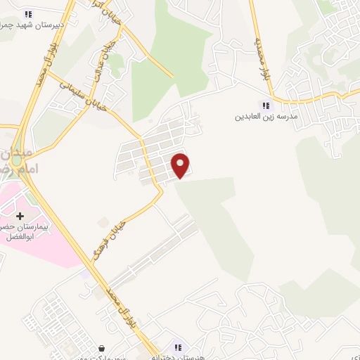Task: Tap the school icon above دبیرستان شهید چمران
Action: [x=27, y=13]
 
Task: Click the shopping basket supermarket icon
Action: [x=102, y=347]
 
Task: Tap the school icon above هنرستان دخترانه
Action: [x=178, y=347]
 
